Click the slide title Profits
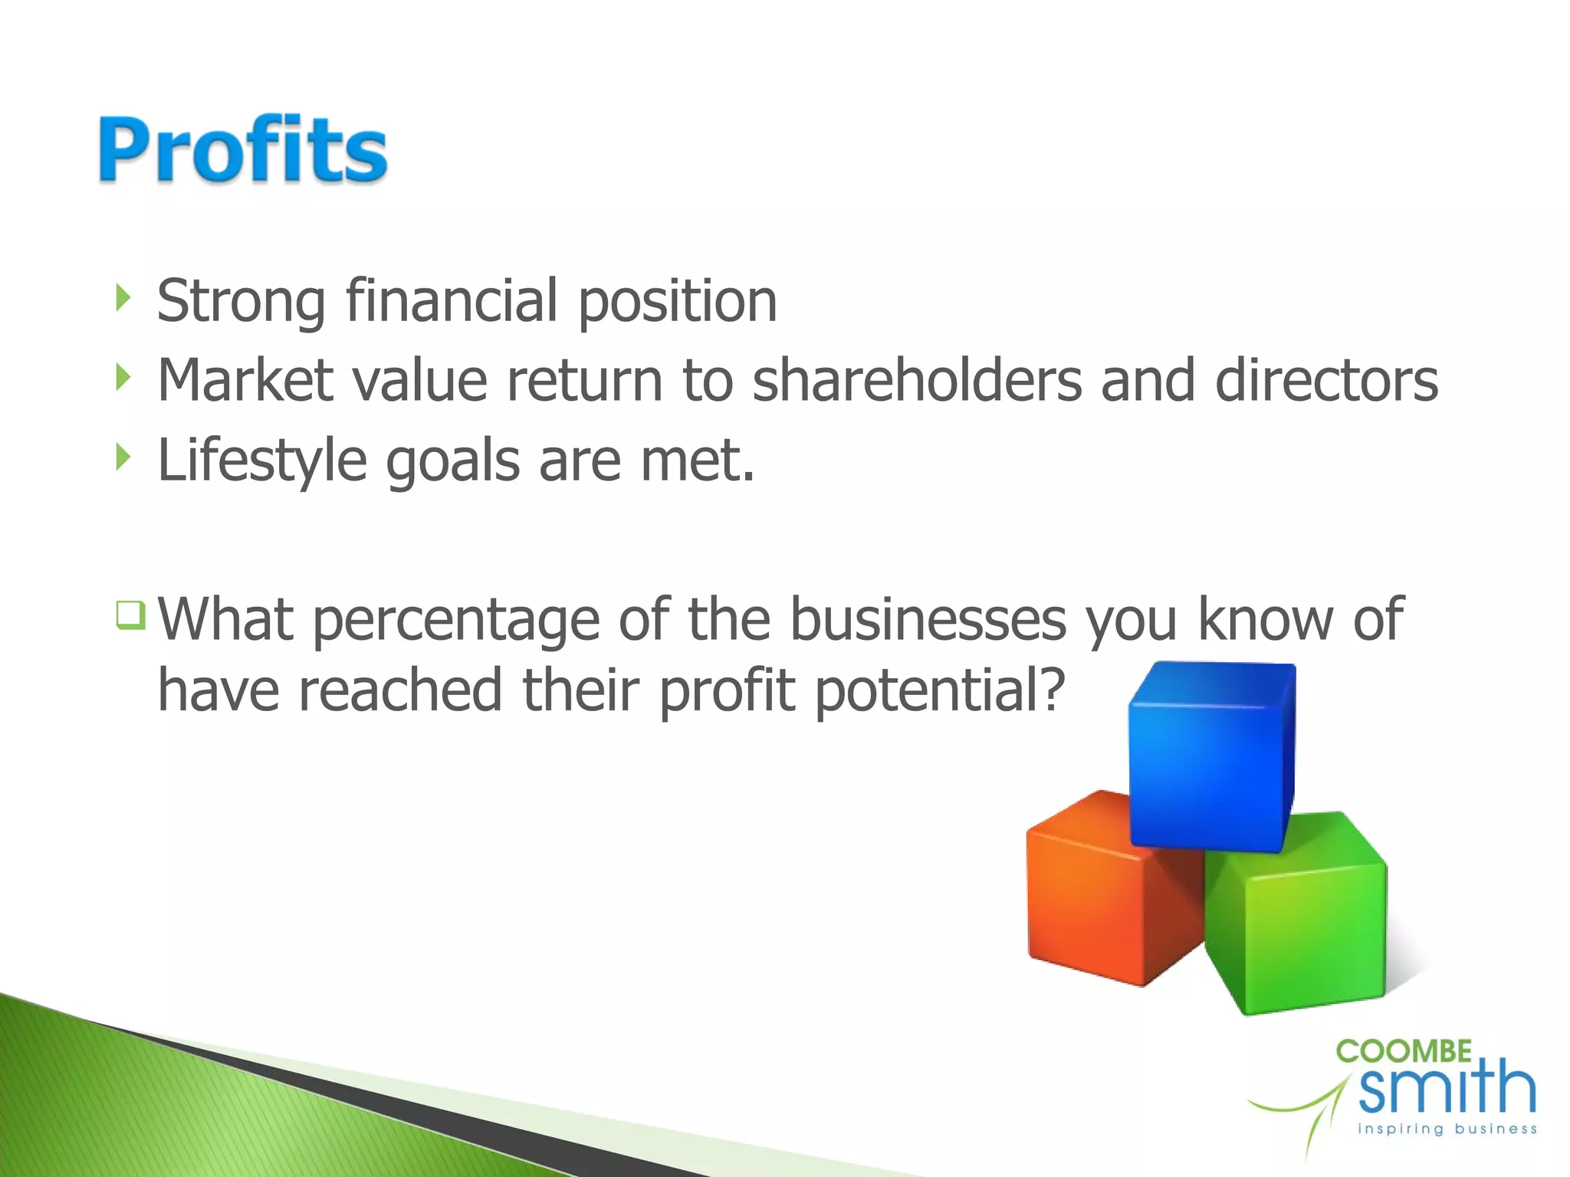pos(242,150)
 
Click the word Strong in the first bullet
pos(241,302)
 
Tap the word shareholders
pos(917,380)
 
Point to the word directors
pos(1326,380)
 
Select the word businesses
pos(928,619)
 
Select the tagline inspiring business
pos(1447,1129)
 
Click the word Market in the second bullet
pos(245,380)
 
